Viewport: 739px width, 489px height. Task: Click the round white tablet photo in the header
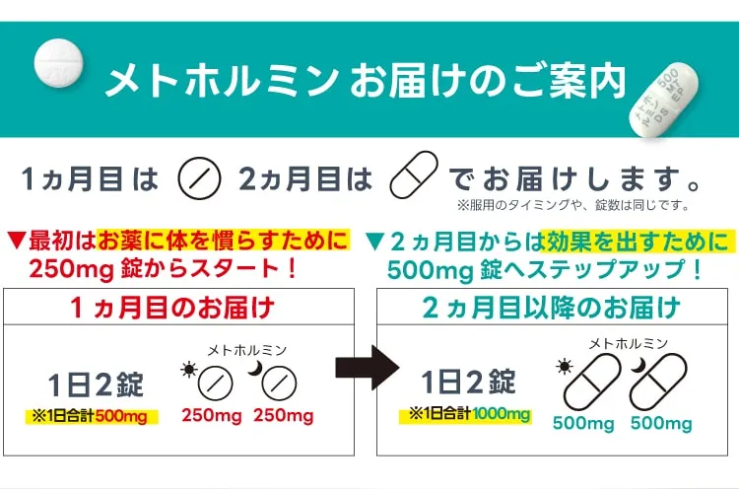[59, 63]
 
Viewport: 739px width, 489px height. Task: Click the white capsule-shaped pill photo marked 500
[663, 99]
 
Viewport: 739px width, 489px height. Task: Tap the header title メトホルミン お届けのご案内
[366, 81]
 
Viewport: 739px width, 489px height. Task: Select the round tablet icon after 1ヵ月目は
[199, 178]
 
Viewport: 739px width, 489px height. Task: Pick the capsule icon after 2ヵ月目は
[413, 175]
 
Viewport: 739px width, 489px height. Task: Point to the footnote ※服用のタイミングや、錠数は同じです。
[573, 205]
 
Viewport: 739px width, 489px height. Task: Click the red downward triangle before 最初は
[16, 241]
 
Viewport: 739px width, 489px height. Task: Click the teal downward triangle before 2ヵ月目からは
[375, 241]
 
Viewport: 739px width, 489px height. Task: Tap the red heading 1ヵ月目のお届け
[172, 308]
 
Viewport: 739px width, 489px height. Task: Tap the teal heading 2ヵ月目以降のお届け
[552, 308]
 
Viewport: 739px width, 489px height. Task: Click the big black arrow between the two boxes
[368, 368]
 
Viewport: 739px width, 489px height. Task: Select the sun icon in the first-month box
[189, 370]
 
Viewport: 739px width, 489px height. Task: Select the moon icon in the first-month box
[255, 369]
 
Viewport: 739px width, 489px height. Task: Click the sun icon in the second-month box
[565, 367]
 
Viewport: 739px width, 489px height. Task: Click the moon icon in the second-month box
[638, 365]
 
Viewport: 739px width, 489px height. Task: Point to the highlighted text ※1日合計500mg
[92, 416]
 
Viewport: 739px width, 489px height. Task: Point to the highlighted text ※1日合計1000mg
[466, 415]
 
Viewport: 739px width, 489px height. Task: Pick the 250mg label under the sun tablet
[212, 416]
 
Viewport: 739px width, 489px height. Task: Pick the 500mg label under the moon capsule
[661, 423]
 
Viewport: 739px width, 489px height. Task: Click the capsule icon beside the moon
[658, 382]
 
